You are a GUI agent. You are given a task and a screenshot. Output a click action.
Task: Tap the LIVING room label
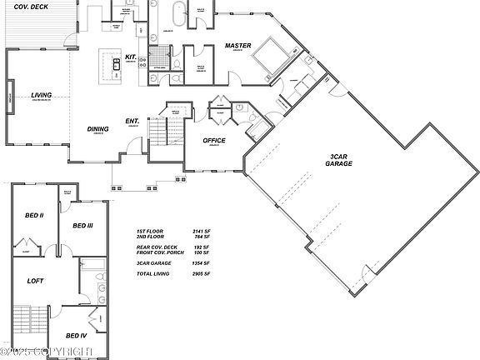pos(42,95)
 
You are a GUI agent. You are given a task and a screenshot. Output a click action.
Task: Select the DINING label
pos(98,128)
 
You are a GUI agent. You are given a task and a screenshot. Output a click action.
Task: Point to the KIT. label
pos(131,57)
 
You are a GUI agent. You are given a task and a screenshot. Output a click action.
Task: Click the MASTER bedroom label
pos(238,46)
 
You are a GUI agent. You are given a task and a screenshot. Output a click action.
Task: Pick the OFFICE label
pos(215,140)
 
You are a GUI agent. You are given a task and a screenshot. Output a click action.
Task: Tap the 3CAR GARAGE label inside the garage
pos(339,159)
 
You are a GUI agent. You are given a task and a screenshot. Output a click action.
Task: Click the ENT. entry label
pos(132,121)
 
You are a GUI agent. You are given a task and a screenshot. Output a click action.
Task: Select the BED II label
pos(34,215)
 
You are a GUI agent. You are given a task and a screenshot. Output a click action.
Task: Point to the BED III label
pos(82,225)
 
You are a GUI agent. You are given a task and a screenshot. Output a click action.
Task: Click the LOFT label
pos(35,281)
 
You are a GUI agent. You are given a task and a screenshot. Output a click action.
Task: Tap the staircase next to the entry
pos(157,133)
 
